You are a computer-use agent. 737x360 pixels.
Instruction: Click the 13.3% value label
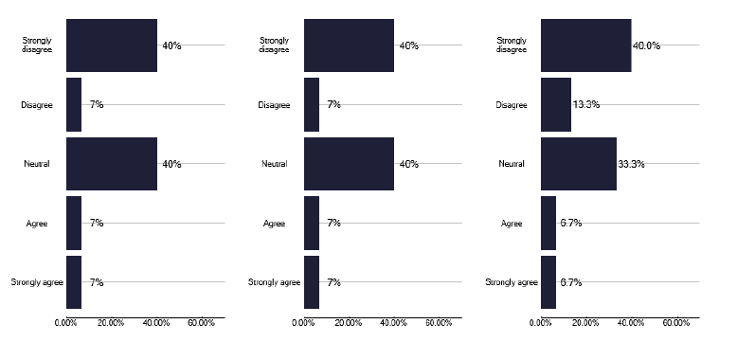pos(585,104)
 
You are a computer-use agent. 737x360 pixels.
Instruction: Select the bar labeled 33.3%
pos(578,164)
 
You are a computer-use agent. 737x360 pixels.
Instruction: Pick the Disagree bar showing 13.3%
pos(556,104)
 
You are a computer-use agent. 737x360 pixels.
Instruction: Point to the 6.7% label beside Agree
pos(570,224)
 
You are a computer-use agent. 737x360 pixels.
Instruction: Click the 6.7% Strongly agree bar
pos(548,282)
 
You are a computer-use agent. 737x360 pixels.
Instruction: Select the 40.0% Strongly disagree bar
pos(585,45)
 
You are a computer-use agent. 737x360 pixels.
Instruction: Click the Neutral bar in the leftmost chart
pos(111,164)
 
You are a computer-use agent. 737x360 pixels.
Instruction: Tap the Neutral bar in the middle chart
pos(349,164)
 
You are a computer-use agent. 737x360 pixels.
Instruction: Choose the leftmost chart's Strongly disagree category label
pos(38,45)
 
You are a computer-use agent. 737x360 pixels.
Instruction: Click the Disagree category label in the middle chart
pos(274,104)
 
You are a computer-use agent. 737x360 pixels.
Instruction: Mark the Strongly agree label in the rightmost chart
pos(512,282)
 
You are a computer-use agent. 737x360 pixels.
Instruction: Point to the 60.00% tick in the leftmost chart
pos(201,324)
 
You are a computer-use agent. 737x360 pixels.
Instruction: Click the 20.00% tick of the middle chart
pos(349,324)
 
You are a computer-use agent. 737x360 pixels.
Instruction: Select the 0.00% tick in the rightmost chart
pos(541,324)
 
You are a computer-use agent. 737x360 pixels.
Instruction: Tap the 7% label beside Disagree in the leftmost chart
pos(97,104)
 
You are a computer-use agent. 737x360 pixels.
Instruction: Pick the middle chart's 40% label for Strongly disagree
pos(409,45)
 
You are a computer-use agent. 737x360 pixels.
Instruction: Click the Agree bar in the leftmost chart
pos(74,224)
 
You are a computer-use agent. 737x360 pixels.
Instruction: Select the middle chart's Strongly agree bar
pos(312,282)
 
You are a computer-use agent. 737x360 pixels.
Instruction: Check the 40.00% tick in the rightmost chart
pos(631,324)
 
